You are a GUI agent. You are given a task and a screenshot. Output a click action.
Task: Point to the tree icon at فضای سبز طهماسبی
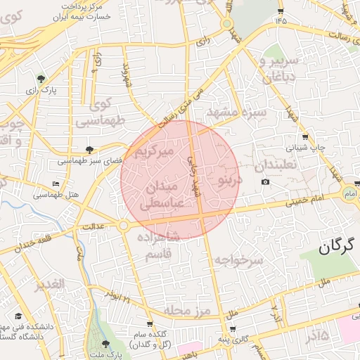pyautogui.click(x=89, y=149)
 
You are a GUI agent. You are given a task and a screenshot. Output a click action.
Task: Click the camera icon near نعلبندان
pyautogui.click(x=265, y=182)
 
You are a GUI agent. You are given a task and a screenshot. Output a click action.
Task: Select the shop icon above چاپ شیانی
pyautogui.click(x=304, y=136)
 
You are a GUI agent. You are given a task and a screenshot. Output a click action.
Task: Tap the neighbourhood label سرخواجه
pyautogui.click(x=239, y=260)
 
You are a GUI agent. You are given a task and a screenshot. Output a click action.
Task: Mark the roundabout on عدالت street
pyautogui.click(x=124, y=226)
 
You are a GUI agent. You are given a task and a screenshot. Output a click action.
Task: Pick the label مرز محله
pyautogui.click(x=188, y=310)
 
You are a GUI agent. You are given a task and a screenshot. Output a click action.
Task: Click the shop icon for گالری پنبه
pyautogui.click(x=233, y=329)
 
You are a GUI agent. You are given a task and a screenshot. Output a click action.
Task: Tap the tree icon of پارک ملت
pyautogui.click(x=105, y=343)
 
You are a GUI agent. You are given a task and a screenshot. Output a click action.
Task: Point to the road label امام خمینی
pyautogui.click(x=305, y=202)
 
